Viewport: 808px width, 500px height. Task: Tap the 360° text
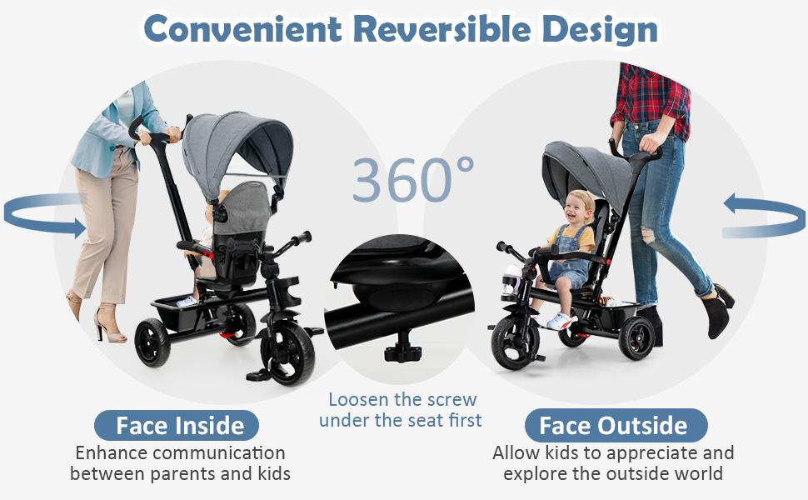click(x=413, y=179)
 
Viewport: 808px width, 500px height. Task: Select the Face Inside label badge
click(x=180, y=426)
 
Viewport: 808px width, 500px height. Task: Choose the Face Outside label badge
click(x=614, y=426)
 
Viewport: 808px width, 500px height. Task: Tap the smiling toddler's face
click(x=577, y=207)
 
